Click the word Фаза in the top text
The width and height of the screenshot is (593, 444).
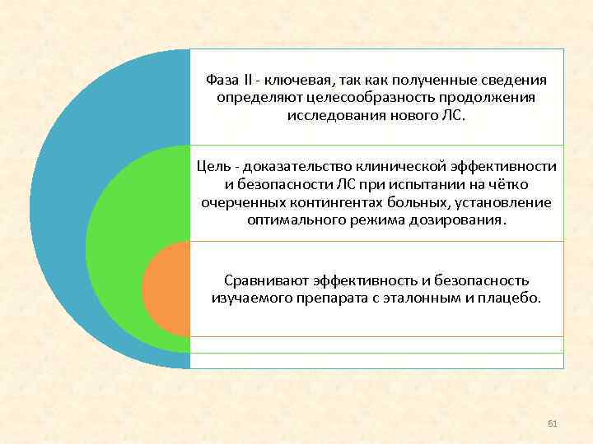(223, 80)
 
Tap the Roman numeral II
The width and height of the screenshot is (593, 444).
(248, 80)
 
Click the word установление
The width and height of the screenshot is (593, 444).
(509, 202)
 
